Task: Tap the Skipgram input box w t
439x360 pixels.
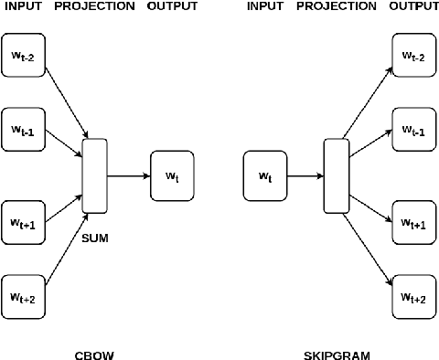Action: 265,175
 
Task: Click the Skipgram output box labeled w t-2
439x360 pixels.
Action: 414,57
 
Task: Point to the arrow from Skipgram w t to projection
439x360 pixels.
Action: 305,175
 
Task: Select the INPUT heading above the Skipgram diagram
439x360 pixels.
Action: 265,7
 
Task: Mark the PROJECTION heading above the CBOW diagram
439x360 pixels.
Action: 95,7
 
